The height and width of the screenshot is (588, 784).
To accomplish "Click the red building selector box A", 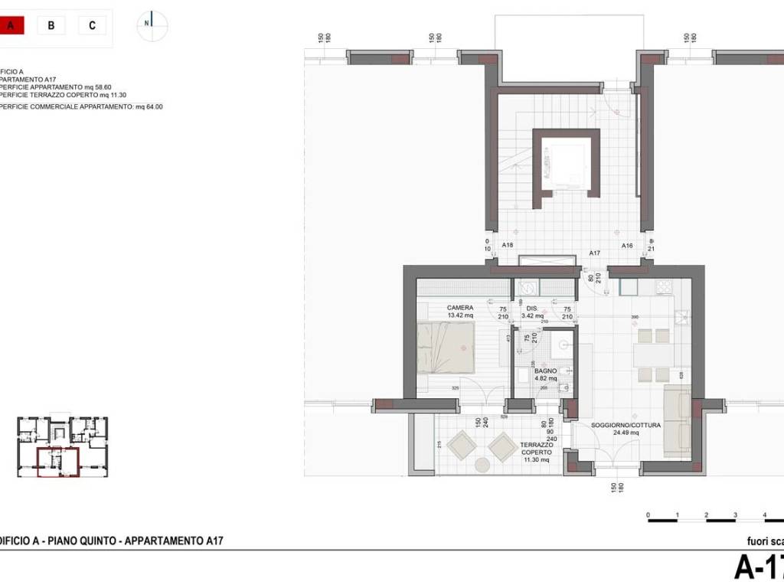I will tap(11, 25).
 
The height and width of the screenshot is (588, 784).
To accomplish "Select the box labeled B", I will tap(51, 25).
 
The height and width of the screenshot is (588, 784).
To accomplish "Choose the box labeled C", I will tap(92, 25).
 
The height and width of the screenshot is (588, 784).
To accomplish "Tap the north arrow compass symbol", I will tap(152, 24).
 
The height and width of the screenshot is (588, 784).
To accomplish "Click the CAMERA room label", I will tap(460, 308).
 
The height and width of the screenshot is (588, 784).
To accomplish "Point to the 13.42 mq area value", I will tap(460, 315).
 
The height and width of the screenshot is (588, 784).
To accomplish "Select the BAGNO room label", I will tap(545, 371).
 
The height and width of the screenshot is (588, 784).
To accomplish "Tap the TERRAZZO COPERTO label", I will tap(536, 449).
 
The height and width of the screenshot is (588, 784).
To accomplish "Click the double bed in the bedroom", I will tap(446, 347).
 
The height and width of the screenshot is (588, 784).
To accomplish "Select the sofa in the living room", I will tap(677, 421).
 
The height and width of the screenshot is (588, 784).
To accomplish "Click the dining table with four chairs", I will tap(653, 354).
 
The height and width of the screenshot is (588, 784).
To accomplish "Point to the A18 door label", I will tap(507, 246).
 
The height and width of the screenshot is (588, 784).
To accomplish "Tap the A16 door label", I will tap(627, 246).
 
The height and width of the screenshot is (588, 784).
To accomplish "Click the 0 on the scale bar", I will tap(648, 514).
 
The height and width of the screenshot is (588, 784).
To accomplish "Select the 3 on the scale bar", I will tap(735, 514).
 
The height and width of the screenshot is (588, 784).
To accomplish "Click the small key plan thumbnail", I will tap(62, 447).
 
